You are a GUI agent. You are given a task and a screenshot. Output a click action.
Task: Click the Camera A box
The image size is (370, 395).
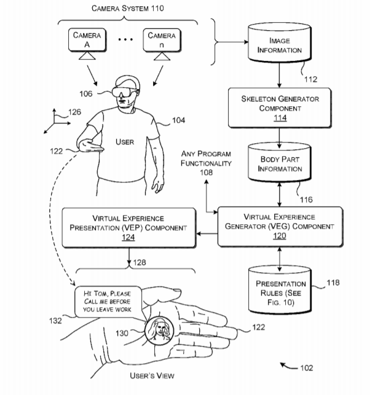[x=87, y=39]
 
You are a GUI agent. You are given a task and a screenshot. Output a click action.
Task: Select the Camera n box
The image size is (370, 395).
[x=161, y=39]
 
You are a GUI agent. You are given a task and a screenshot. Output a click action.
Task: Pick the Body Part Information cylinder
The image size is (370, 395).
[x=280, y=164]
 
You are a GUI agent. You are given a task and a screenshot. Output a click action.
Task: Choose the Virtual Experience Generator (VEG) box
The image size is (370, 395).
[x=280, y=225]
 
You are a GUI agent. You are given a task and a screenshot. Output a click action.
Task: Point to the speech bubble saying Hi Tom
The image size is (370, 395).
[x=108, y=302]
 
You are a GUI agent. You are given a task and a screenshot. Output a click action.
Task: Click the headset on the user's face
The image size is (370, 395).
[x=123, y=93]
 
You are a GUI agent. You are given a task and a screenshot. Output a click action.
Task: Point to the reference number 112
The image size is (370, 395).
[x=312, y=79]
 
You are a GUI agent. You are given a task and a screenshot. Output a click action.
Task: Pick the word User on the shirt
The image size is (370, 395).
[x=125, y=142]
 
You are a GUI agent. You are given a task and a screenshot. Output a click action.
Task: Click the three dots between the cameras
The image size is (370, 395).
[x=125, y=40]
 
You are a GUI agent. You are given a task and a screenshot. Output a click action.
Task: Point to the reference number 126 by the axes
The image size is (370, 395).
[x=74, y=112]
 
